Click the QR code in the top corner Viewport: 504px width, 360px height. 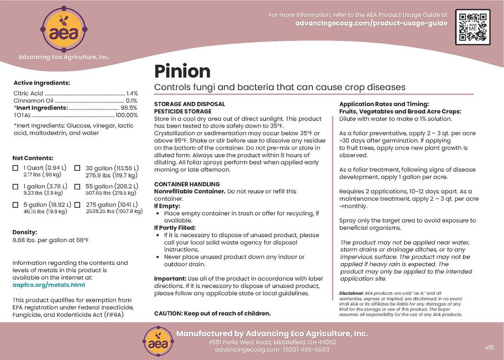pyautogui.click(x=473, y=28)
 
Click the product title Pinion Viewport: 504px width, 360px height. pyautogui.click(x=182, y=71)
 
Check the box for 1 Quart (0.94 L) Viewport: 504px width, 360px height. pyautogui.click(x=16, y=168)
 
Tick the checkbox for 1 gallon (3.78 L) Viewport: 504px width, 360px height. pyautogui.click(x=16, y=186)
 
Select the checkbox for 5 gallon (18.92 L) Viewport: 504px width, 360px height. pyautogui.click(x=16, y=205)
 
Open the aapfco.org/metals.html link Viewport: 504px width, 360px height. pyautogui.click(x=48, y=284)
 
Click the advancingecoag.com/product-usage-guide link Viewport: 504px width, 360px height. pyautogui.click(x=371, y=24)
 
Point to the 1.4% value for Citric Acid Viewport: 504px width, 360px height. pyautogui.click(x=132, y=93)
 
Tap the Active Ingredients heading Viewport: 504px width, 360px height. pyautogui.click(x=42, y=82)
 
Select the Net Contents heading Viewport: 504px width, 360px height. pyautogui.click(x=33, y=157)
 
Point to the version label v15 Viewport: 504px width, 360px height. pyautogui.click(x=490, y=347)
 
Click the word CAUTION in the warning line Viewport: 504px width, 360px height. pyautogui.click(x=168, y=313)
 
